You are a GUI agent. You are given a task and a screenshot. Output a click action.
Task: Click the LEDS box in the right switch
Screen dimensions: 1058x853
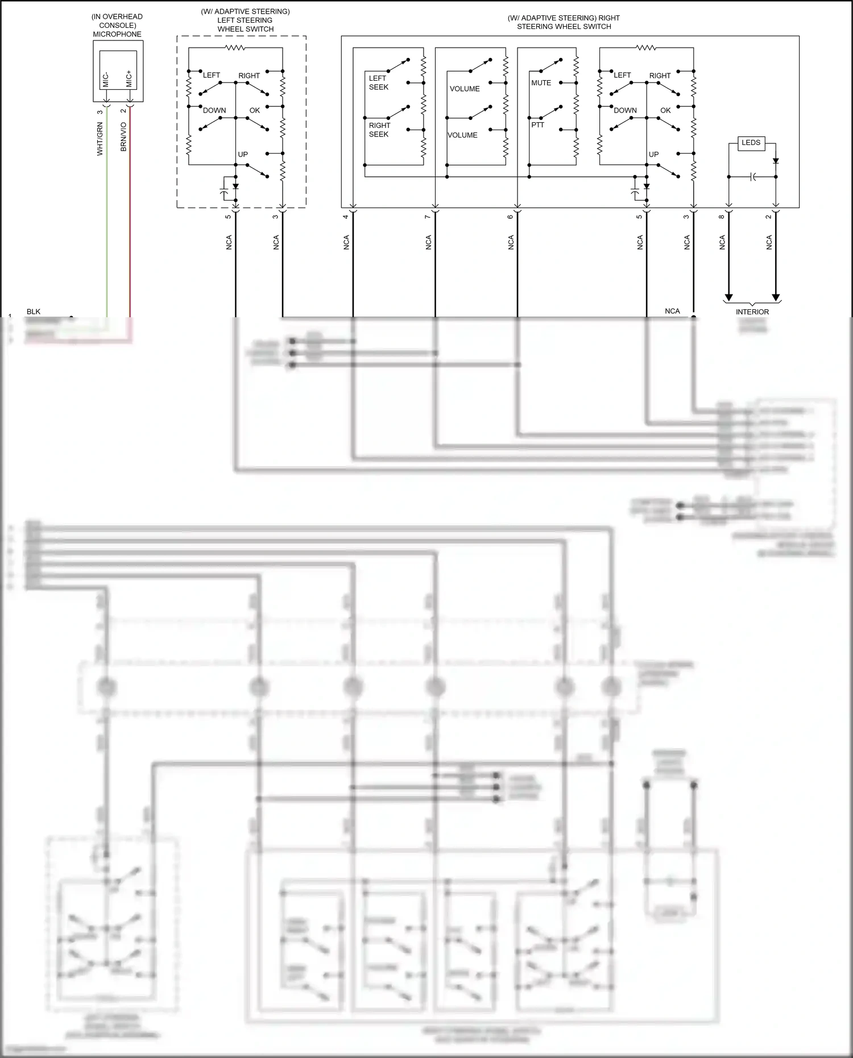click(x=751, y=143)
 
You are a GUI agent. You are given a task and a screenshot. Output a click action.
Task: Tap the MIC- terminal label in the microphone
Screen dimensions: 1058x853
click(x=106, y=79)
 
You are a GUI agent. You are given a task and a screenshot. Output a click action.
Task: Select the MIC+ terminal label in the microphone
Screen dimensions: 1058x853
click(x=129, y=79)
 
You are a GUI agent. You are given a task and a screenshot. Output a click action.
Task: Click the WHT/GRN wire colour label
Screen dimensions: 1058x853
click(x=100, y=139)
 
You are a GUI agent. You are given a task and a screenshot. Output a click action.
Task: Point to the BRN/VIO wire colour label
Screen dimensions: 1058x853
click(x=123, y=136)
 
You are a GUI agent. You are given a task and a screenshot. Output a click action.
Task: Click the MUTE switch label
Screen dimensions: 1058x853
click(x=541, y=83)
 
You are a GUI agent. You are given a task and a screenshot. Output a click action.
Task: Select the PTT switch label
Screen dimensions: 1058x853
click(x=537, y=125)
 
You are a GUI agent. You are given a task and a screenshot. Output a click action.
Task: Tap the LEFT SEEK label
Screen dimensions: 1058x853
click(x=378, y=82)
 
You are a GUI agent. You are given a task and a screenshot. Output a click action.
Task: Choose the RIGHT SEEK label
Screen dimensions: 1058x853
click(x=379, y=130)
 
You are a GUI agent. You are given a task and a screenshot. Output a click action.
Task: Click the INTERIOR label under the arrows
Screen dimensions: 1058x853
click(x=752, y=312)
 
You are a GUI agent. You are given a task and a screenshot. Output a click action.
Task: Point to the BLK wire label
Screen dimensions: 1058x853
click(x=34, y=312)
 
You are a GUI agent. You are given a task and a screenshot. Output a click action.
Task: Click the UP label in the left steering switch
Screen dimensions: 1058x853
click(x=243, y=155)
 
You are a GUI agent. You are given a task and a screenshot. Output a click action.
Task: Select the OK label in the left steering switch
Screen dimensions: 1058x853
click(x=255, y=110)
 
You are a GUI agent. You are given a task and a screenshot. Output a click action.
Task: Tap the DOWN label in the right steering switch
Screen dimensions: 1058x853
click(x=625, y=110)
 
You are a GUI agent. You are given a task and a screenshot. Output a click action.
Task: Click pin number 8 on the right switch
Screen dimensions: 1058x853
click(x=722, y=217)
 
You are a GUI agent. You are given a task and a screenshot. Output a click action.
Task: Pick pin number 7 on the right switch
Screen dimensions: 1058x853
click(x=428, y=217)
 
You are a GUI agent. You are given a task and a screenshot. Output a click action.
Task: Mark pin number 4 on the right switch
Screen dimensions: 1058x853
click(x=346, y=217)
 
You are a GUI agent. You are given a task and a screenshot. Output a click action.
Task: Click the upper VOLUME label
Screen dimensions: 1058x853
click(x=465, y=89)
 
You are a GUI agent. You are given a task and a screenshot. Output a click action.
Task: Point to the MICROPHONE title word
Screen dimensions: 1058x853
click(x=117, y=34)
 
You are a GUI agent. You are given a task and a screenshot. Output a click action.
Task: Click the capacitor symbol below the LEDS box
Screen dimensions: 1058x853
click(x=752, y=177)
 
